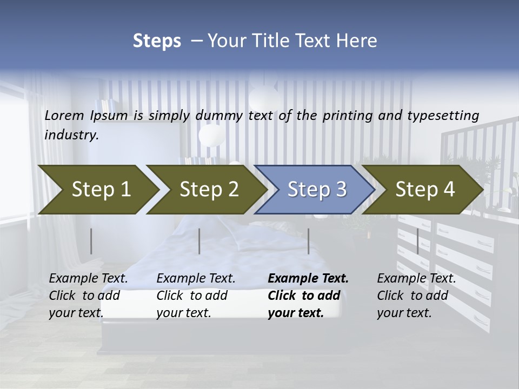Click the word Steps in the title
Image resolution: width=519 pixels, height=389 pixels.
tap(157, 41)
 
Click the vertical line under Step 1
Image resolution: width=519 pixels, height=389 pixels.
tap(91, 241)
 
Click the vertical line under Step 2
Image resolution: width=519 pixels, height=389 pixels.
tap(199, 241)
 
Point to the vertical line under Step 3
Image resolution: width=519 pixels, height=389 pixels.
tap(308, 241)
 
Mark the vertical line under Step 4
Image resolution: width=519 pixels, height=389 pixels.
tap(417, 241)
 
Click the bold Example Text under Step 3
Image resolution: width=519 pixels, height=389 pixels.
tap(308, 279)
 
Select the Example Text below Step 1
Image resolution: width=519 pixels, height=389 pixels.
tap(88, 279)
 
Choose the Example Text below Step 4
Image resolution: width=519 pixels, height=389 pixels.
tap(416, 279)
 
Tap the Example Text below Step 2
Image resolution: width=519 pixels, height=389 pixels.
tap(196, 279)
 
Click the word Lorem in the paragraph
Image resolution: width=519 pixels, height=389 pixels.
tap(63, 115)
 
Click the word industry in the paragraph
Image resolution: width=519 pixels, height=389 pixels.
tap(71, 135)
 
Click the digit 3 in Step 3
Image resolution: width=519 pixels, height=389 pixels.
tap(340, 189)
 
